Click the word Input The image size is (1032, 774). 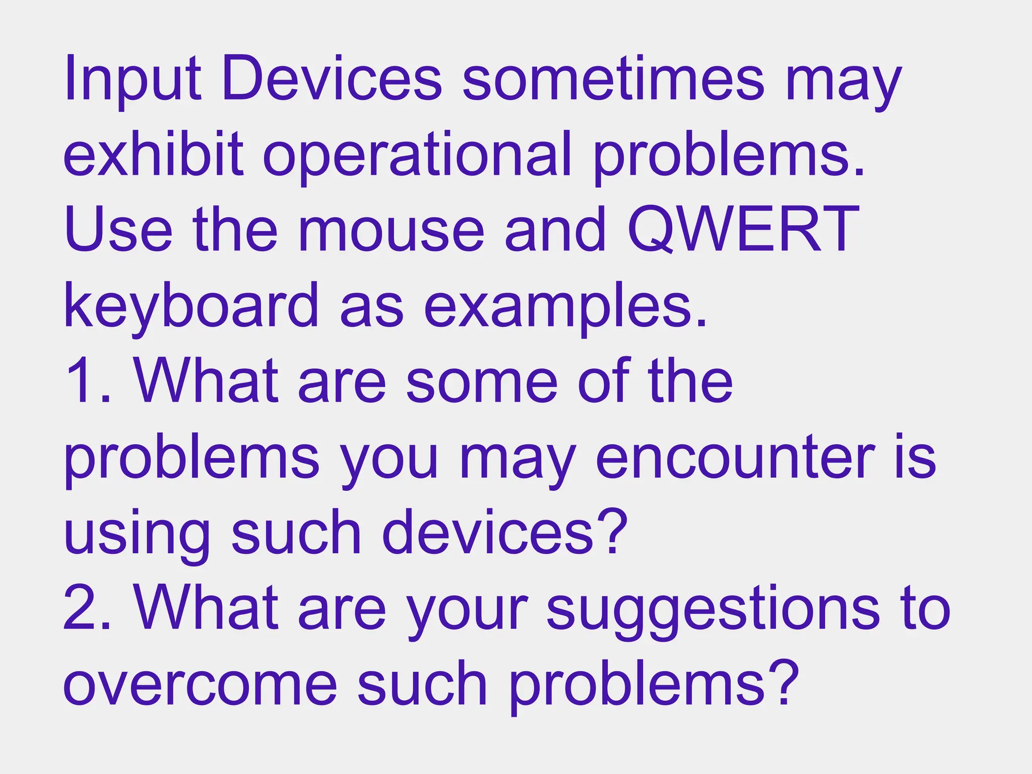pyautogui.click(x=132, y=80)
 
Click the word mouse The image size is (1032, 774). pyautogui.click(x=391, y=231)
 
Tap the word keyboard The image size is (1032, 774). pyautogui.click(x=191, y=306)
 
